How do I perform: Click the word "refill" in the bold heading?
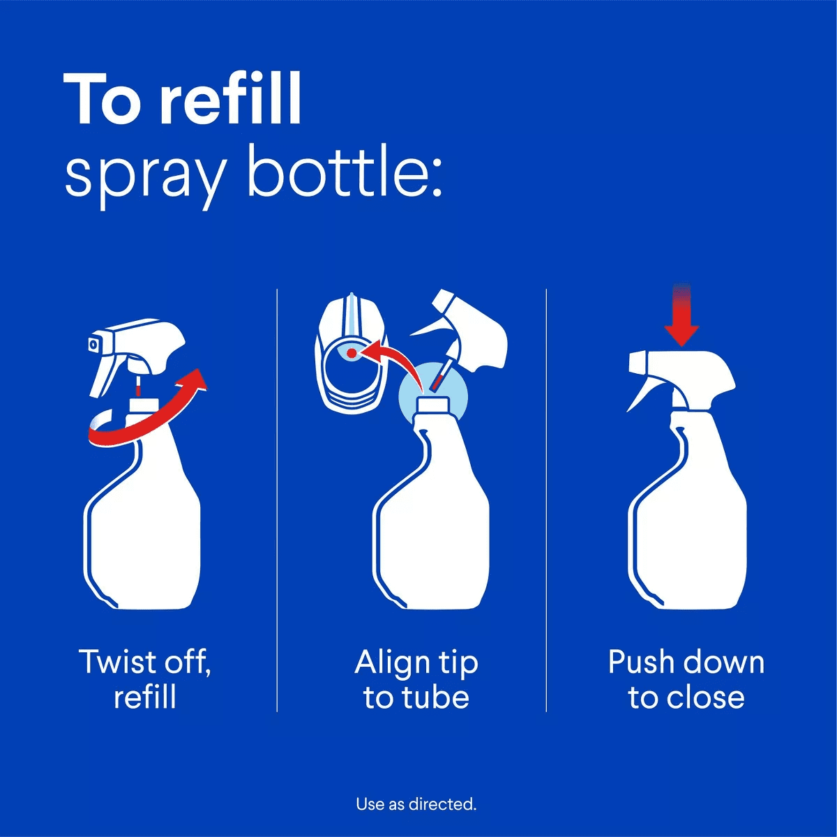tap(231, 99)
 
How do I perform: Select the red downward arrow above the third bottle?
tap(681, 317)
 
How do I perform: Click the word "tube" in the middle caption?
tap(435, 697)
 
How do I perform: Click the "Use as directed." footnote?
tap(416, 804)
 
